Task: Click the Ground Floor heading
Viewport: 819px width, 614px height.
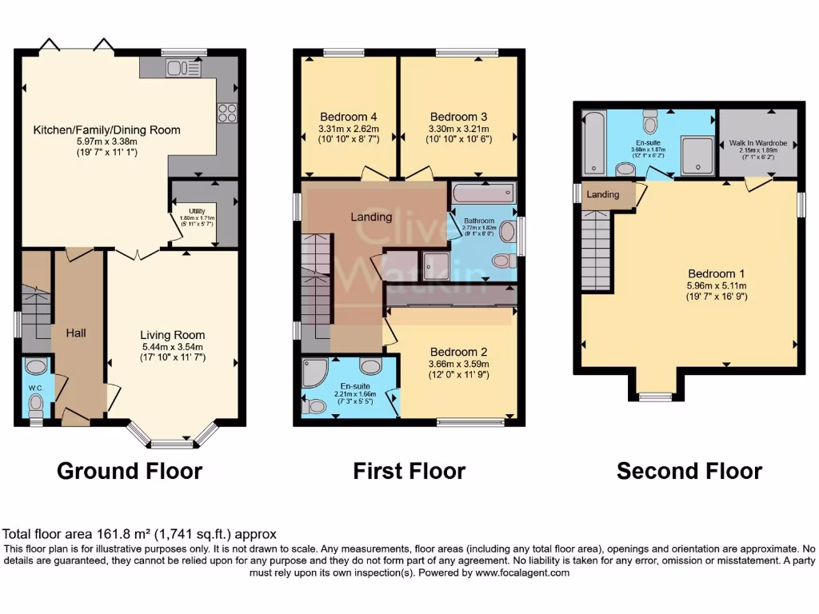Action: (129, 471)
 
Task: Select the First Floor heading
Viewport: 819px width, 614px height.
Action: (409, 471)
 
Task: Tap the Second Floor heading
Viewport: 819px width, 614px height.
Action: (689, 471)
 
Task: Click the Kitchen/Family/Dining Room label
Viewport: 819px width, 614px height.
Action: (106, 130)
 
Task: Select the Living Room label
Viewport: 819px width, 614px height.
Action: (172, 335)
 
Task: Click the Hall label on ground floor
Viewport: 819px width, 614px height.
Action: (76, 333)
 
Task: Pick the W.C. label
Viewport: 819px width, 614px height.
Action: (35, 389)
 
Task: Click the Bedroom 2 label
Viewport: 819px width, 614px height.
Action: (458, 352)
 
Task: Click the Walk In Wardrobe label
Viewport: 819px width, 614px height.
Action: (757, 143)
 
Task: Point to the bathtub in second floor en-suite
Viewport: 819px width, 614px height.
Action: (593, 142)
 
